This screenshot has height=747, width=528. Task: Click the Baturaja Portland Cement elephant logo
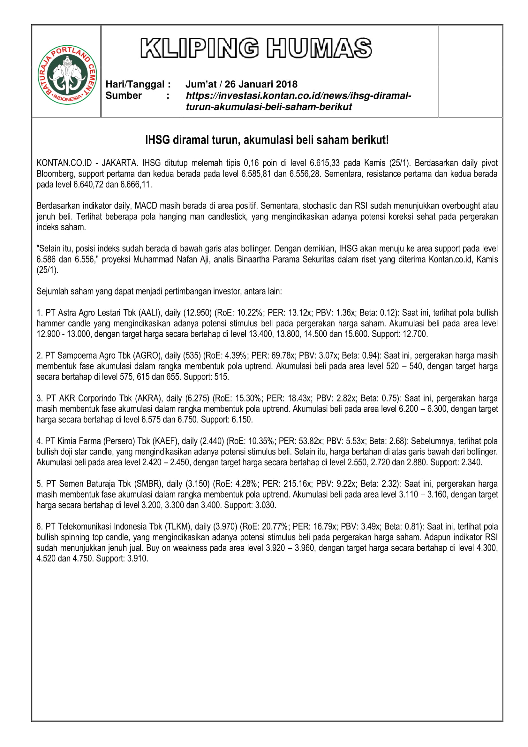(67, 75)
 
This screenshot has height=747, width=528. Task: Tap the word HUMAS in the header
(319, 48)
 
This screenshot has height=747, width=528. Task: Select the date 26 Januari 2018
(261, 84)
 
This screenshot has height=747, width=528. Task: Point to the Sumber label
(124, 96)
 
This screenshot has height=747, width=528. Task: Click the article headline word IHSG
(157, 140)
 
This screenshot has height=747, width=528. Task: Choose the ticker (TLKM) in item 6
(179, 527)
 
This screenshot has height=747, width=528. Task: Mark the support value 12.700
(415, 334)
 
